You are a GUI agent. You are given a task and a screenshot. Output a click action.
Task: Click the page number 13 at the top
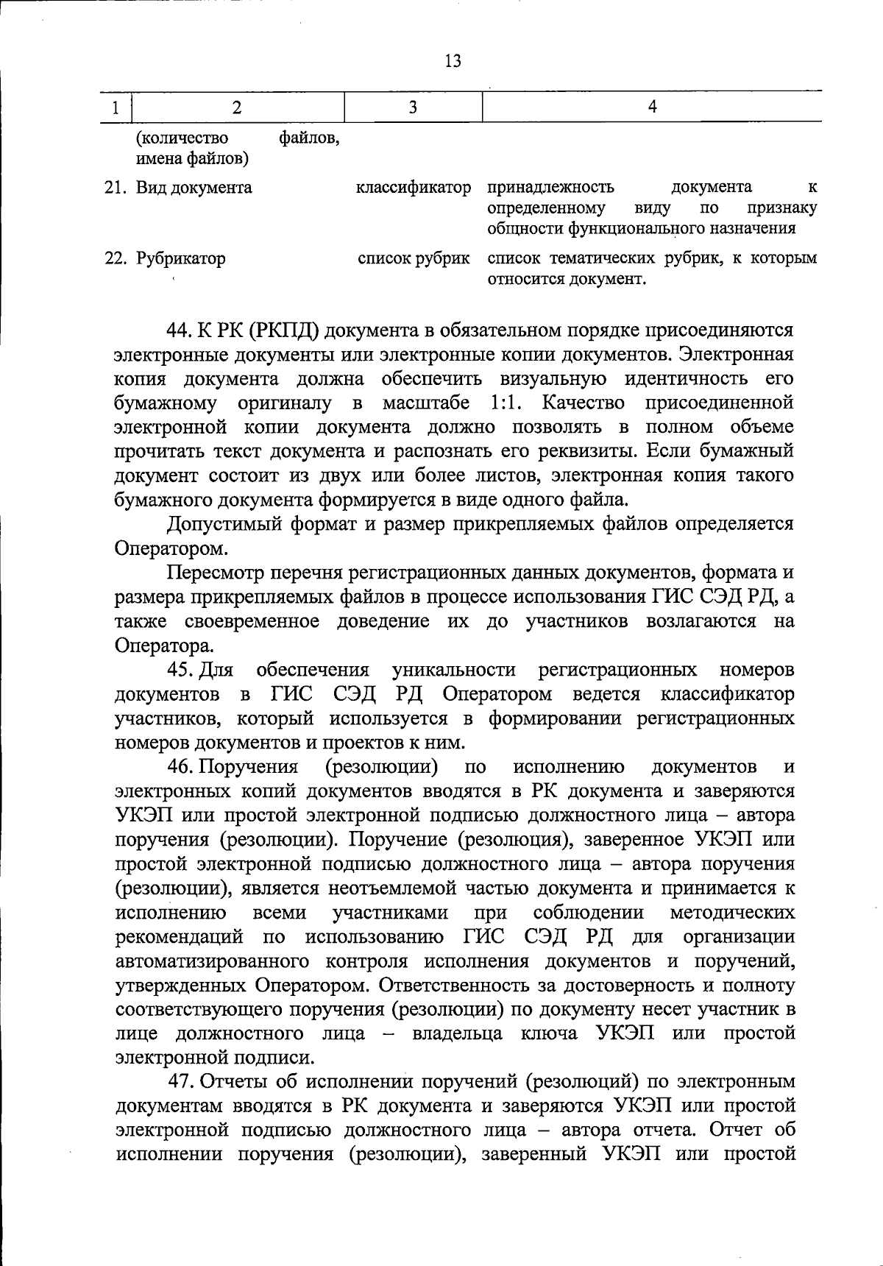tap(453, 61)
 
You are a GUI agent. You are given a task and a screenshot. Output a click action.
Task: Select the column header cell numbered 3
tap(414, 107)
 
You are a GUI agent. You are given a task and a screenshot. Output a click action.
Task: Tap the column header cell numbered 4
tap(652, 107)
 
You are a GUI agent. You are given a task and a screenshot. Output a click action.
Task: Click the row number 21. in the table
tap(116, 188)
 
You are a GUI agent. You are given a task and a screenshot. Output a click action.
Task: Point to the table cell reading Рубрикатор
tap(180, 259)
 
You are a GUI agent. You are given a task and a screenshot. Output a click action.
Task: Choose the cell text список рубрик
tap(414, 259)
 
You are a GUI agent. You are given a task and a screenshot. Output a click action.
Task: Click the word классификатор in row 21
tap(414, 188)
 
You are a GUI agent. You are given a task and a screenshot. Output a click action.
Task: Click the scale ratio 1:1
tap(506, 403)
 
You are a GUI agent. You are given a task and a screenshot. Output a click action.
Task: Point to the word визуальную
tap(553, 378)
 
